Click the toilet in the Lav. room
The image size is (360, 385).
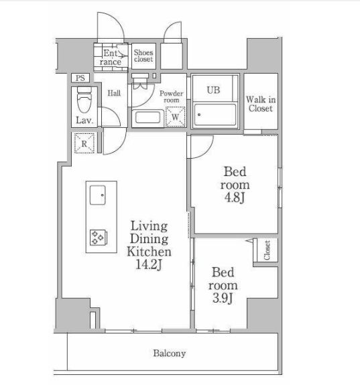(84, 100)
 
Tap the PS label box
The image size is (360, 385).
(80, 78)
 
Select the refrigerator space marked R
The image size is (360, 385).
(84, 143)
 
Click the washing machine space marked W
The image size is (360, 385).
(176, 117)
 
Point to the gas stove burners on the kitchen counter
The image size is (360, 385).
(99, 237)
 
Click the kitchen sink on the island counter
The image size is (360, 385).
(98, 196)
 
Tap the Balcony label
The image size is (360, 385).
(170, 353)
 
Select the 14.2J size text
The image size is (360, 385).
(149, 264)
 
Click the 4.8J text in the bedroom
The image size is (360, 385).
(235, 198)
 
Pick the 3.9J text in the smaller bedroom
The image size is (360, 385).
(223, 298)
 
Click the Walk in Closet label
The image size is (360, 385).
(261, 104)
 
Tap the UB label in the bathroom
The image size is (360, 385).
(213, 90)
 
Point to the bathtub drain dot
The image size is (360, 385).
(199, 114)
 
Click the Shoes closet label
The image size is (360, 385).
(143, 56)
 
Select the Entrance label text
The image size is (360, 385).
(111, 57)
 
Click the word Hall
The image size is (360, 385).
(114, 93)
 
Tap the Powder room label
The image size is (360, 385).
(172, 96)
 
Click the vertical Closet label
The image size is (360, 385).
(267, 250)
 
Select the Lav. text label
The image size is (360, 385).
(84, 121)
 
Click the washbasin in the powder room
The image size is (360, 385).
(147, 118)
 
